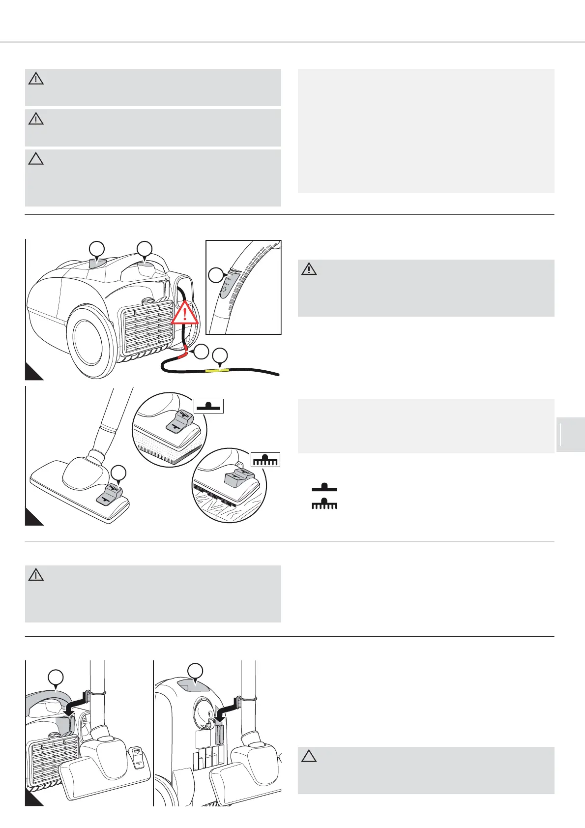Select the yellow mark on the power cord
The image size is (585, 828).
click(217, 370)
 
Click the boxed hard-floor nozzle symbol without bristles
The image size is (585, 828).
click(209, 406)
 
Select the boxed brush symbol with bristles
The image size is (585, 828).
click(265, 459)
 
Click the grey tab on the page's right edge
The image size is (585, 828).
click(570, 434)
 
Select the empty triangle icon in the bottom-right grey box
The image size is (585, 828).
click(309, 756)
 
